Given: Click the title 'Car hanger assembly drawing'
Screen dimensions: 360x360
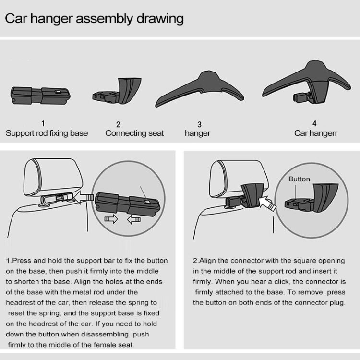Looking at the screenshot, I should (94, 19).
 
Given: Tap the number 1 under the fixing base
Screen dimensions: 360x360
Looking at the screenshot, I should (43, 123).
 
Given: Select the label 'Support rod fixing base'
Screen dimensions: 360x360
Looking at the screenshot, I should (47, 133).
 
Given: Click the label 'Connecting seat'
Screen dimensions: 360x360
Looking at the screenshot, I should (134, 133).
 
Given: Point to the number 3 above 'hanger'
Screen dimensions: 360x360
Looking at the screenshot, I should (199, 124).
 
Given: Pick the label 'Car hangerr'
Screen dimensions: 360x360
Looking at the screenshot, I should (316, 133).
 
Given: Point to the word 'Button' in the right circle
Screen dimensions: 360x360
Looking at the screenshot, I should (299, 179).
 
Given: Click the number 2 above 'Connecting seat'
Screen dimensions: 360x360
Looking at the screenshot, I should (118, 124).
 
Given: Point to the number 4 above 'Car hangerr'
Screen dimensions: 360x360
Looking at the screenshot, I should (315, 123).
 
